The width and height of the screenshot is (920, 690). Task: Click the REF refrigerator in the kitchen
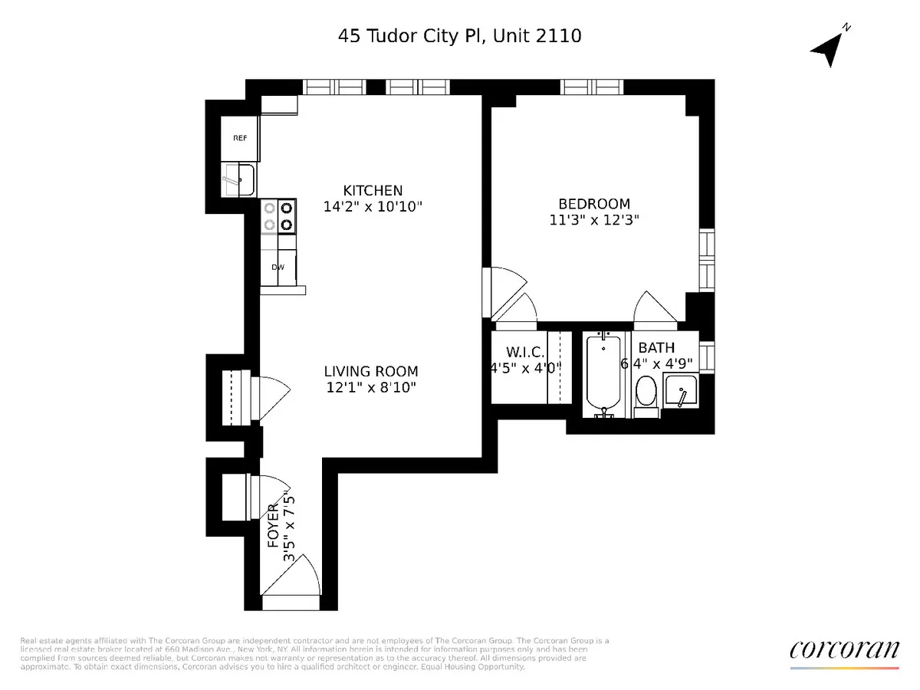click(240, 138)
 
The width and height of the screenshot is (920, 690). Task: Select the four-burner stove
click(278, 215)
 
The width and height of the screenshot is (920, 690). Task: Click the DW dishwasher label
click(278, 268)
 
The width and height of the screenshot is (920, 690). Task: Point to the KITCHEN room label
click(373, 190)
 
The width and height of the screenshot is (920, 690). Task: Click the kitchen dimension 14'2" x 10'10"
click(373, 206)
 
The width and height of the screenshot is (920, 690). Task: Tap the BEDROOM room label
click(594, 204)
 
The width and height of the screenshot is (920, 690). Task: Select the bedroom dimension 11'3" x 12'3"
click(594, 220)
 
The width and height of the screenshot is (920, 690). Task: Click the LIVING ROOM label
click(371, 371)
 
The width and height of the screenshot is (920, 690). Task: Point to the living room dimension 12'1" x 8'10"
click(371, 388)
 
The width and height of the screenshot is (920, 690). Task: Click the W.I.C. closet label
click(525, 352)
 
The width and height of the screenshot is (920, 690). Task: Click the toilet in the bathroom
click(646, 392)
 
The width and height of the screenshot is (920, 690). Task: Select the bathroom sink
click(679, 391)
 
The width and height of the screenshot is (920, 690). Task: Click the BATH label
click(656, 347)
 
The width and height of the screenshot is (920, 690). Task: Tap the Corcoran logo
click(844, 650)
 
